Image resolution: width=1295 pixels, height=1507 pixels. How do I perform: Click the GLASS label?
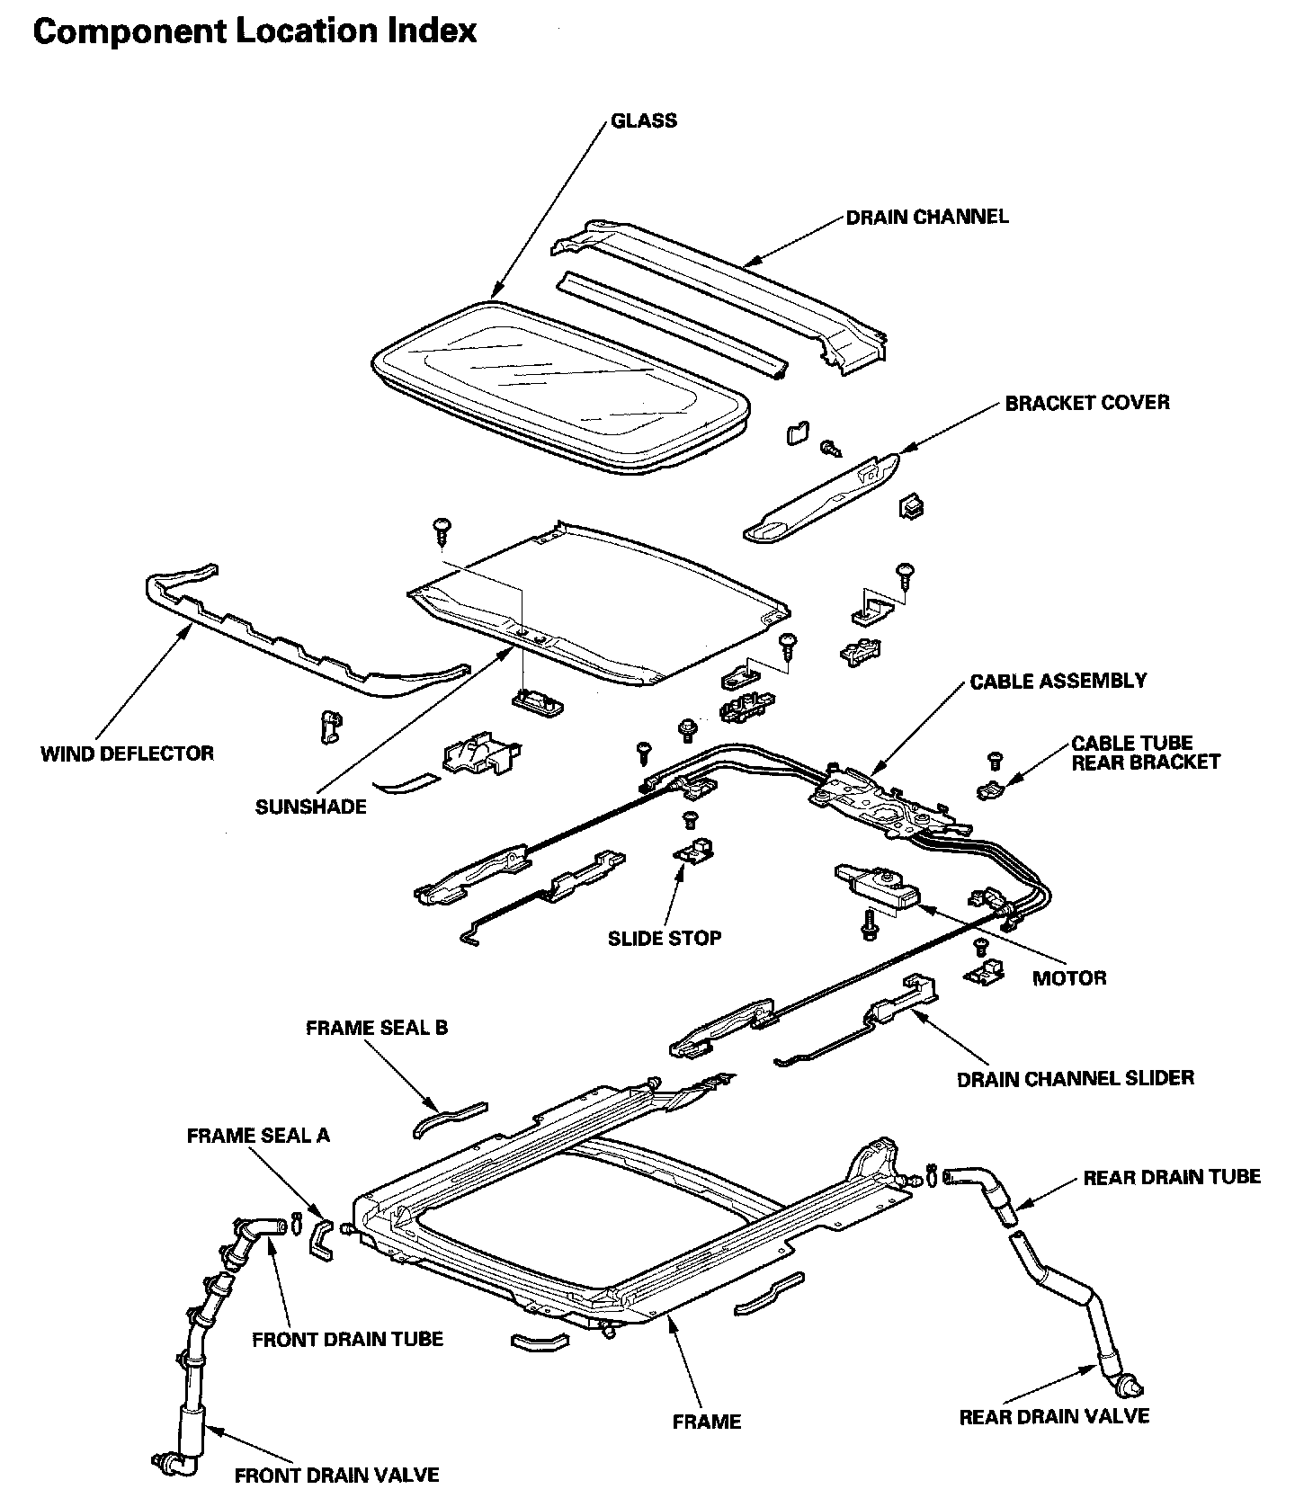(644, 120)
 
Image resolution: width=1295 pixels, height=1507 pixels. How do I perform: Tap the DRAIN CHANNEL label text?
(927, 217)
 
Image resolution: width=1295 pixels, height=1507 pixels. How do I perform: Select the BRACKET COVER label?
(1087, 402)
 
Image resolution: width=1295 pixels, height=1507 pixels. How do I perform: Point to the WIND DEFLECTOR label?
(128, 753)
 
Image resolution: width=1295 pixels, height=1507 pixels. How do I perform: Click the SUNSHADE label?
(311, 807)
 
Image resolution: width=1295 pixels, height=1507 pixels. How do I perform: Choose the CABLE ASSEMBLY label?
(1058, 681)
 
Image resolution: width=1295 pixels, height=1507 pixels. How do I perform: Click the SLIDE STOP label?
(665, 938)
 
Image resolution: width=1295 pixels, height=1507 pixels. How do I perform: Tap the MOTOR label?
(1069, 977)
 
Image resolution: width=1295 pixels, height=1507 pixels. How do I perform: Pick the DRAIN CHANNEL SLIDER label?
(1076, 1078)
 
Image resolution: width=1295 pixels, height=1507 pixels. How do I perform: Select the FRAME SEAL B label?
(377, 1027)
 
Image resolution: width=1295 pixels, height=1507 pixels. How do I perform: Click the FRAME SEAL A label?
(258, 1136)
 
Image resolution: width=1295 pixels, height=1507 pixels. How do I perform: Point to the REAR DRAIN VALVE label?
(1054, 1416)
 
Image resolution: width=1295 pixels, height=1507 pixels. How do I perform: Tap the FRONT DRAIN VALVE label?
(337, 1476)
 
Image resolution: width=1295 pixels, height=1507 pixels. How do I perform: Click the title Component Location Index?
(255, 31)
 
